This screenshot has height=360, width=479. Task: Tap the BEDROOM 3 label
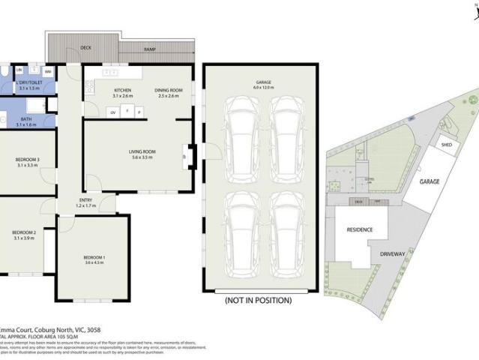click(28, 161)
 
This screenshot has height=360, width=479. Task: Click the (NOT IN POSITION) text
click(257, 300)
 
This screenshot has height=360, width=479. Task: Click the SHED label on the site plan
click(446, 146)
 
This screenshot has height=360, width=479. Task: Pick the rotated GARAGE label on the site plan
click(429, 181)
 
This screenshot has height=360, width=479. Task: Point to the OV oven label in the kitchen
click(113, 112)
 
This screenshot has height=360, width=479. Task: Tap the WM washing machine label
click(47, 72)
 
